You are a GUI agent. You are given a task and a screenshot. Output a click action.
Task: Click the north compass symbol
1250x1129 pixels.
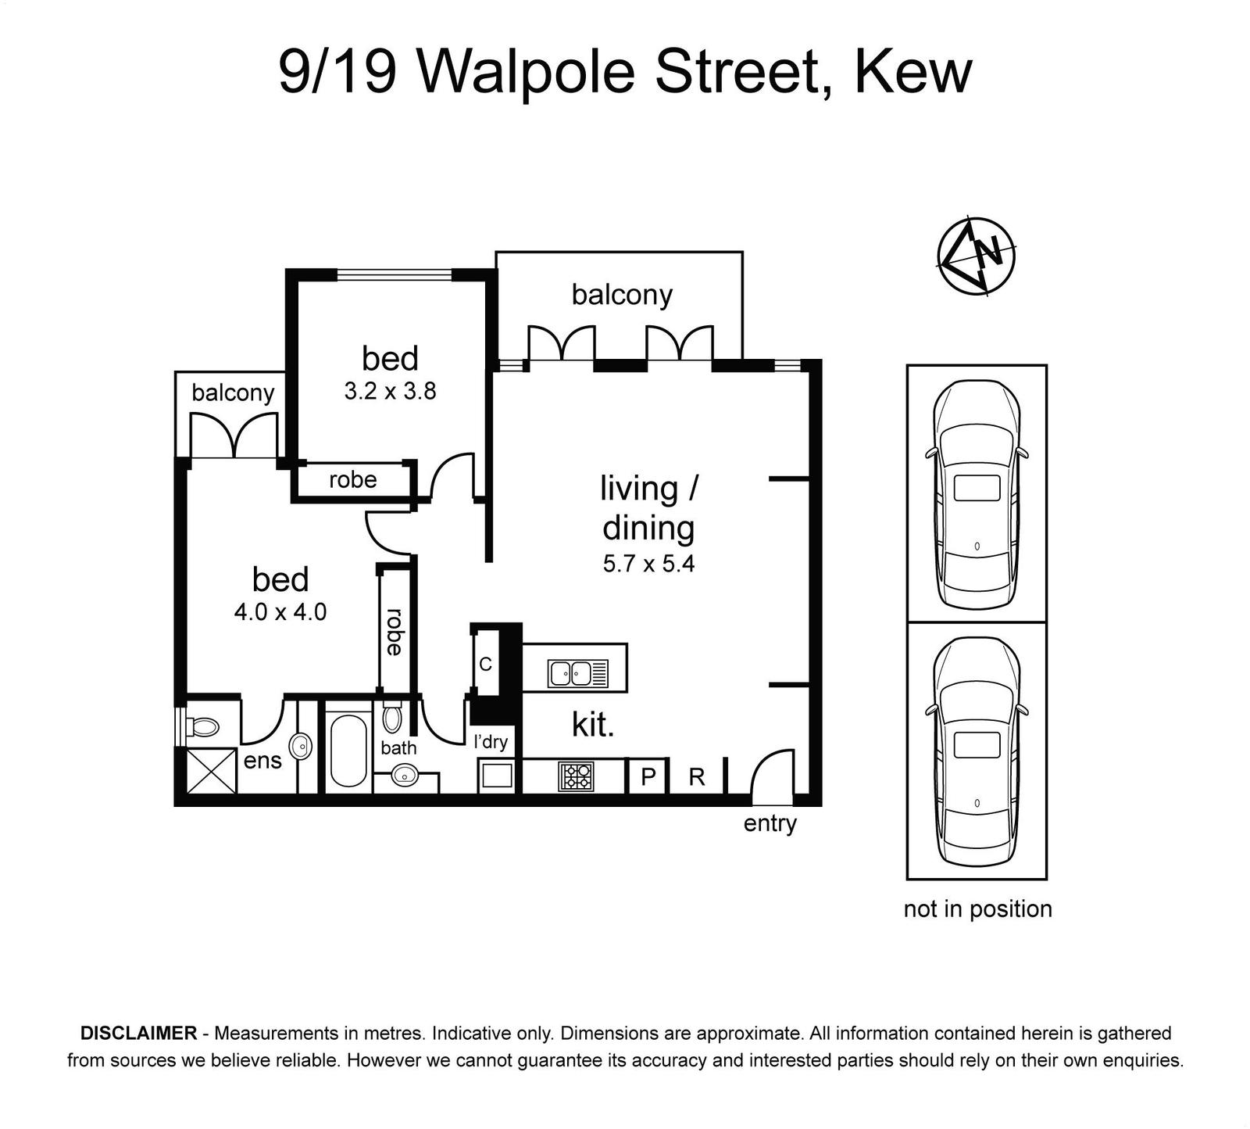pos(977,256)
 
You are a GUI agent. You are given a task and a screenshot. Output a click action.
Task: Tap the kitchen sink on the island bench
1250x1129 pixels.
pos(578,673)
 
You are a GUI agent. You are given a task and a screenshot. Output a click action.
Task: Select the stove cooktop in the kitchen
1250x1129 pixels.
pos(577,776)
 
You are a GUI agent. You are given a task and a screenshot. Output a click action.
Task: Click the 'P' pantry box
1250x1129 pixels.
pos(648,776)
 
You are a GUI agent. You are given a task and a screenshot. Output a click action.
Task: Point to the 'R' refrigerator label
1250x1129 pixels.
pos(697,776)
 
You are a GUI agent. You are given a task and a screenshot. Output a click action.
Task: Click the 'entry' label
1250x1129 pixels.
pos(770,823)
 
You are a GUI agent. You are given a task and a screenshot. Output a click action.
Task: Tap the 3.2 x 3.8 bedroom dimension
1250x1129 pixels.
pos(390,391)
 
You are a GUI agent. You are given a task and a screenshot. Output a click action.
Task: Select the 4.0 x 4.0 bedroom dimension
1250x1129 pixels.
pos(280,611)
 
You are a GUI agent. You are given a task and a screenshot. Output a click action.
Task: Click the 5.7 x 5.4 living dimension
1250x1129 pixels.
pos(648,564)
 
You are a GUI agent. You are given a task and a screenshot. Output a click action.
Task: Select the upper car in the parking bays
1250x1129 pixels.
pos(977,494)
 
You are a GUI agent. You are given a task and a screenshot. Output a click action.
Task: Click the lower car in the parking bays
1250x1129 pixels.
pos(977,751)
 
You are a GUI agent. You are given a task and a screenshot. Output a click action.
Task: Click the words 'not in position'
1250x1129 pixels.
pos(977,909)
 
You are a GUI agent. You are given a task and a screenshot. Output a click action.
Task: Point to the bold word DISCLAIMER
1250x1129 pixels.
pos(139,1033)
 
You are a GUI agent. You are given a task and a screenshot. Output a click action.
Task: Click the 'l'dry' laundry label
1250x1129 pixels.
pos(491,740)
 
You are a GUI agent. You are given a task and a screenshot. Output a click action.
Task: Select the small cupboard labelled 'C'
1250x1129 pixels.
pos(485,664)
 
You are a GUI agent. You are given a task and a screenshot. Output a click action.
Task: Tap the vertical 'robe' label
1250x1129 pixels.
pos(393,632)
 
